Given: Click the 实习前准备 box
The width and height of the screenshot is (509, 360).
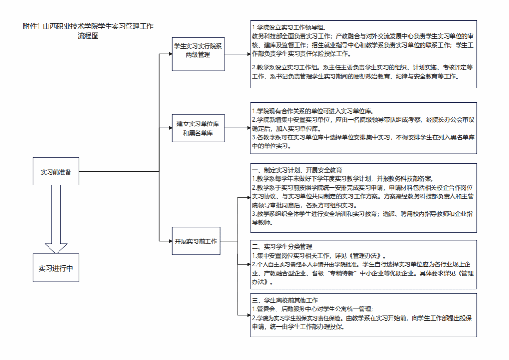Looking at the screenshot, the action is tap(56, 171).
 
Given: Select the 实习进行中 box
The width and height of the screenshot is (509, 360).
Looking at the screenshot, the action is tap(56, 268).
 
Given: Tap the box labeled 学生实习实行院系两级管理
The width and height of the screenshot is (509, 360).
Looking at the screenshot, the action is tap(198, 54).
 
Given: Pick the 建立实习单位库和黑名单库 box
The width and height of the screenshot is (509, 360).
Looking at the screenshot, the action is tap(198, 128).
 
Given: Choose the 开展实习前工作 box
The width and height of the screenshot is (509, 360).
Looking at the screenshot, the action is tap(196, 241).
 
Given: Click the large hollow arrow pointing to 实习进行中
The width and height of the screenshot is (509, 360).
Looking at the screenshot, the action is tap(56, 219).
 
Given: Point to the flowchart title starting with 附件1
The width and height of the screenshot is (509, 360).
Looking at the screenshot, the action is tap(88, 31).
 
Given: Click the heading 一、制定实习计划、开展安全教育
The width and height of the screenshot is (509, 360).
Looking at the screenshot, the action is tap(297, 170).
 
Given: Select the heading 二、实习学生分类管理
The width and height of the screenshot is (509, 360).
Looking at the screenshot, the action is tap(282, 247).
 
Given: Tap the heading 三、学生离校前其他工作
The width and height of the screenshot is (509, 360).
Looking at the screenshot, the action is tap(285, 300).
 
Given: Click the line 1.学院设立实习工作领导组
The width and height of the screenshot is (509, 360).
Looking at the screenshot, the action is tap(289, 28).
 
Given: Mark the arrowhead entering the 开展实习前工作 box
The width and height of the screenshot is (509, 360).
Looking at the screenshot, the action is tap(170, 241).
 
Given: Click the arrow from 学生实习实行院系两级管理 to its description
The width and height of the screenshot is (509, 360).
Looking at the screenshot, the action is tap(237, 54).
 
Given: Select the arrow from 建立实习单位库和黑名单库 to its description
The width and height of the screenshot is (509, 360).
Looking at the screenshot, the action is tap(237, 128).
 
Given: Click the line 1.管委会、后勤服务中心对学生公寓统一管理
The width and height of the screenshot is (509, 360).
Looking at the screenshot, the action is tap(313, 309).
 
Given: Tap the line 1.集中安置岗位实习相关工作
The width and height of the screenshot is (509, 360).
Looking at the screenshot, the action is tap(319, 255).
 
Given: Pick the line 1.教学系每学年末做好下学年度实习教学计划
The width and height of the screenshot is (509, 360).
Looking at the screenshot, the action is tap(343, 178).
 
